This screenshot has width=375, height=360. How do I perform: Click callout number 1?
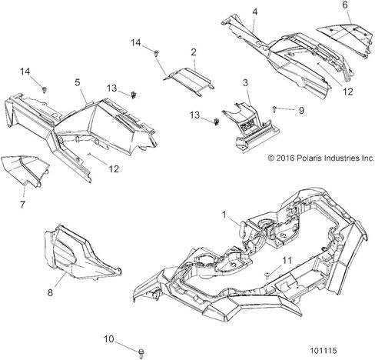(x=224, y=215)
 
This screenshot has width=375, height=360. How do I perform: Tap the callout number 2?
(x=194, y=52)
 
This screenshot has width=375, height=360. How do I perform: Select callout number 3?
(x=245, y=83)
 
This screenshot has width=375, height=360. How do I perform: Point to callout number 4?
(x=254, y=12)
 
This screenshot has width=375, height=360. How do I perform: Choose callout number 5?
(x=78, y=82)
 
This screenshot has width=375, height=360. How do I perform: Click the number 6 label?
(x=345, y=5)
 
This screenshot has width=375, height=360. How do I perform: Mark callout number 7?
(x=22, y=205)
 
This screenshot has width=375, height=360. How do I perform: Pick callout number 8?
(x=50, y=292)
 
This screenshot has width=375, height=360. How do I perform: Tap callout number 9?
(x=301, y=111)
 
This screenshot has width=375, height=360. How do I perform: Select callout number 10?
(x=108, y=339)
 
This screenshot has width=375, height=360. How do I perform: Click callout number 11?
(x=287, y=261)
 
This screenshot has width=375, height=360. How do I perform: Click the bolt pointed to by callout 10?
(x=141, y=352)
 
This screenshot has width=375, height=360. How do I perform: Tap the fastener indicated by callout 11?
(x=267, y=275)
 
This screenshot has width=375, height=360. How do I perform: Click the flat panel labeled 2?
(x=189, y=81)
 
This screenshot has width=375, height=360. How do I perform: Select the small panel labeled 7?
(x=25, y=170)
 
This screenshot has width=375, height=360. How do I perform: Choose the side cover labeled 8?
(x=82, y=253)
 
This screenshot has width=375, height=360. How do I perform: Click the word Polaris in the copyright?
(x=310, y=158)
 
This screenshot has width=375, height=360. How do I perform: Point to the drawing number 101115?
(x=324, y=351)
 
